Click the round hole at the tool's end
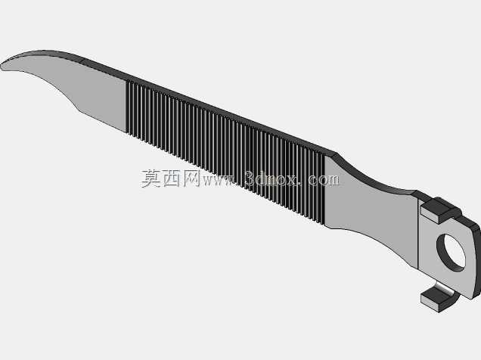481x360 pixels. pyautogui.click(x=451, y=253)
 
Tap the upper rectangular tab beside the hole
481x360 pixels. pyautogui.click(x=440, y=210)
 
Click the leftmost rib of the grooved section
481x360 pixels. pyautogui.click(x=128, y=107)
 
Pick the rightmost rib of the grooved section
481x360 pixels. pyautogui.click(x=323, y=189)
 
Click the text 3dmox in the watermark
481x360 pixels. pyautogui.click(x=272, y=178)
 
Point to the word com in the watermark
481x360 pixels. pyautogui.click(x=324, y=179)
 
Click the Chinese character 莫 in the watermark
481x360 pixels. pyautogui.click(x=151, y=178)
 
